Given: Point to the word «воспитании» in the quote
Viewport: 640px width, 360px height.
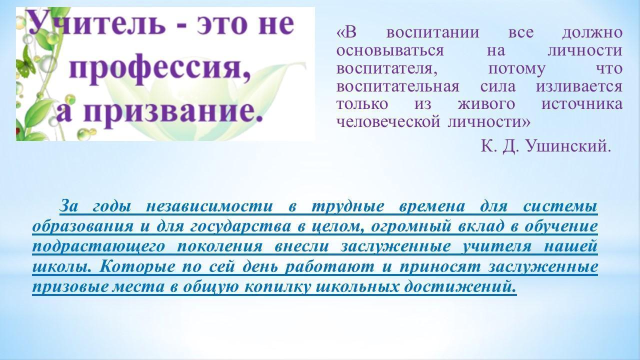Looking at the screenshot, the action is tap(433, 32).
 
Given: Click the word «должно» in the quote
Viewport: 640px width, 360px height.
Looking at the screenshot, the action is tap(592, 33).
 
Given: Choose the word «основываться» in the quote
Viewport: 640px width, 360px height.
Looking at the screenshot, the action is tap(390, 51).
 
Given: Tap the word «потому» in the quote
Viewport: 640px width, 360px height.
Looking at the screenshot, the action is tap(517, 69).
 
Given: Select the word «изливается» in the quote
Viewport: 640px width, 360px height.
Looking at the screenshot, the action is tap(579, 86).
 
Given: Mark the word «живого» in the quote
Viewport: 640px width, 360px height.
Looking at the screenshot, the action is tap(486, 104).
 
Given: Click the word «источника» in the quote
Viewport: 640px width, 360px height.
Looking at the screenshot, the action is tap(582, 104).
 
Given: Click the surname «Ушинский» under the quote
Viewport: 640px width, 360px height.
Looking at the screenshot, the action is tap(568, 146).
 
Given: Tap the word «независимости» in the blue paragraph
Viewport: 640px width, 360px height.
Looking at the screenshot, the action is tap(209, 206).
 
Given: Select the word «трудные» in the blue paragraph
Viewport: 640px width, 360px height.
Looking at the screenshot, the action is tap(347, 207).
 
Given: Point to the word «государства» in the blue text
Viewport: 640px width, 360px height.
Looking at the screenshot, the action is tap(240, 227).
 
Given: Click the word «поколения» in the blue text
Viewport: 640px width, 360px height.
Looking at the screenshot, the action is tap(219, 246).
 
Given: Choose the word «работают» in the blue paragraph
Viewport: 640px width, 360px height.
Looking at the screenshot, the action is tap(329, 267).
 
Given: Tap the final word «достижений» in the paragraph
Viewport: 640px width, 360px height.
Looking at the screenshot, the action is tap(460, 287).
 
